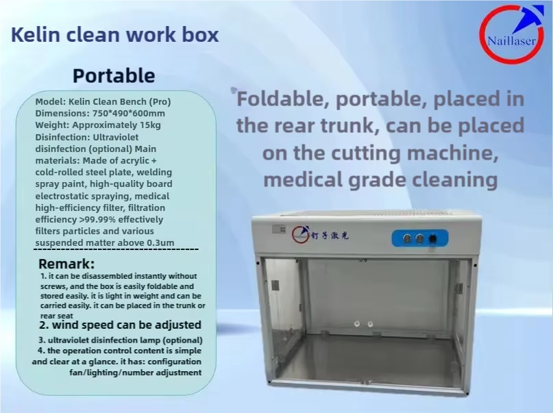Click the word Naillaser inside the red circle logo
[511, 41]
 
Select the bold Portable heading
[114, 76]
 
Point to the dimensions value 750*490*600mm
[129, 114]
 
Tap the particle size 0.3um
[160, 242]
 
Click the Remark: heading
[66, 264]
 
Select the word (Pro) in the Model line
[160, 102]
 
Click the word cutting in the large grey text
[366, 153]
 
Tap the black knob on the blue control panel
[432, 239]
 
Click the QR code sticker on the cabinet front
[279, 229]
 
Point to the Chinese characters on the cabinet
[330, 236]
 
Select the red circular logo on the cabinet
[300, 234]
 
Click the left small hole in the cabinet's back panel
[357, 323]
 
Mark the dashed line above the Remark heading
[116, 249]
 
